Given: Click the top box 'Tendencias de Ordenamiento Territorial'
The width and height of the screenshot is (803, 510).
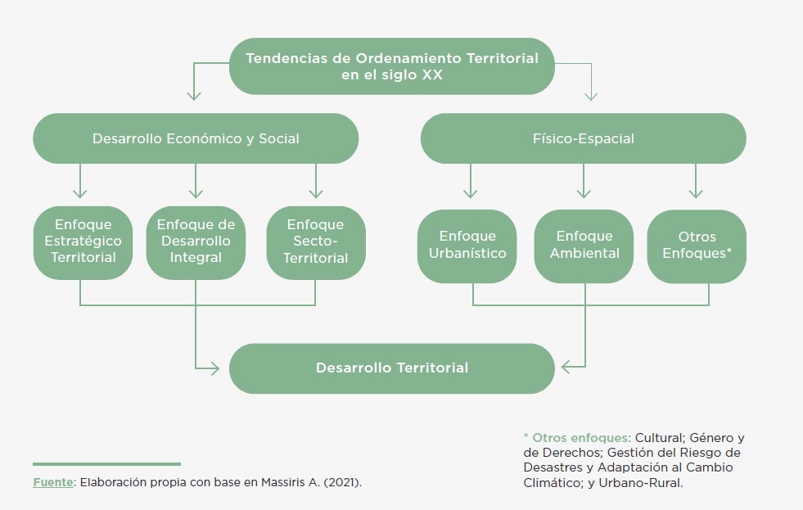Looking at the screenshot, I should click(392, 66).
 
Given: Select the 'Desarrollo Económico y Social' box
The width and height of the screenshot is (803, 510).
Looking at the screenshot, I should click(196, 138).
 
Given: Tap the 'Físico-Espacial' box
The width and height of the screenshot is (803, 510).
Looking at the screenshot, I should click(583, 138).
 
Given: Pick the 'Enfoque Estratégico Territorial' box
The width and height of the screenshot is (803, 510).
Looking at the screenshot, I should click(83, 241).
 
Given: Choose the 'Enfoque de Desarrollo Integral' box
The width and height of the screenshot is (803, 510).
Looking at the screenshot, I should click(196, 241).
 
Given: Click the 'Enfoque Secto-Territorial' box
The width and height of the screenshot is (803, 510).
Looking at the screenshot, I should click(315, 241).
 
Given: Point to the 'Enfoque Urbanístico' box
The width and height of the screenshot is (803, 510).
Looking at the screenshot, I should click(467, 245).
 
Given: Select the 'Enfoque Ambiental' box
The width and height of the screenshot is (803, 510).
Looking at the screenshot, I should click(584, 245).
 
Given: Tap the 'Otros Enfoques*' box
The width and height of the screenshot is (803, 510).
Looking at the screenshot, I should click(697, 245).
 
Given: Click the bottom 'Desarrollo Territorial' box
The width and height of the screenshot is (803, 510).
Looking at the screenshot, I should click(392, 368).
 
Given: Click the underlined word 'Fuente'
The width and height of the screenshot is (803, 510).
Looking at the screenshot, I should click(52, 482).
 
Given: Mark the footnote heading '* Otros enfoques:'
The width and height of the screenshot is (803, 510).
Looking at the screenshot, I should click(576, 438).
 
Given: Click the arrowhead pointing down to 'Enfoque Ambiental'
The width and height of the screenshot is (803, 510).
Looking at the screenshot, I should click(584, 193).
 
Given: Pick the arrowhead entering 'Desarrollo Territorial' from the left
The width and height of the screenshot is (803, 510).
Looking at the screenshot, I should click(214, 368).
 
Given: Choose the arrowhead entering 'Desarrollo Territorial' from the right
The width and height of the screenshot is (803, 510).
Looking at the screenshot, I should click(570, 368).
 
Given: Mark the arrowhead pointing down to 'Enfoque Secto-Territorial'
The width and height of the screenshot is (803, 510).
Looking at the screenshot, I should click(315, 193).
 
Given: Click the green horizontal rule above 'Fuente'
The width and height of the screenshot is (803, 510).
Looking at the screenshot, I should click(106, 464).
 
